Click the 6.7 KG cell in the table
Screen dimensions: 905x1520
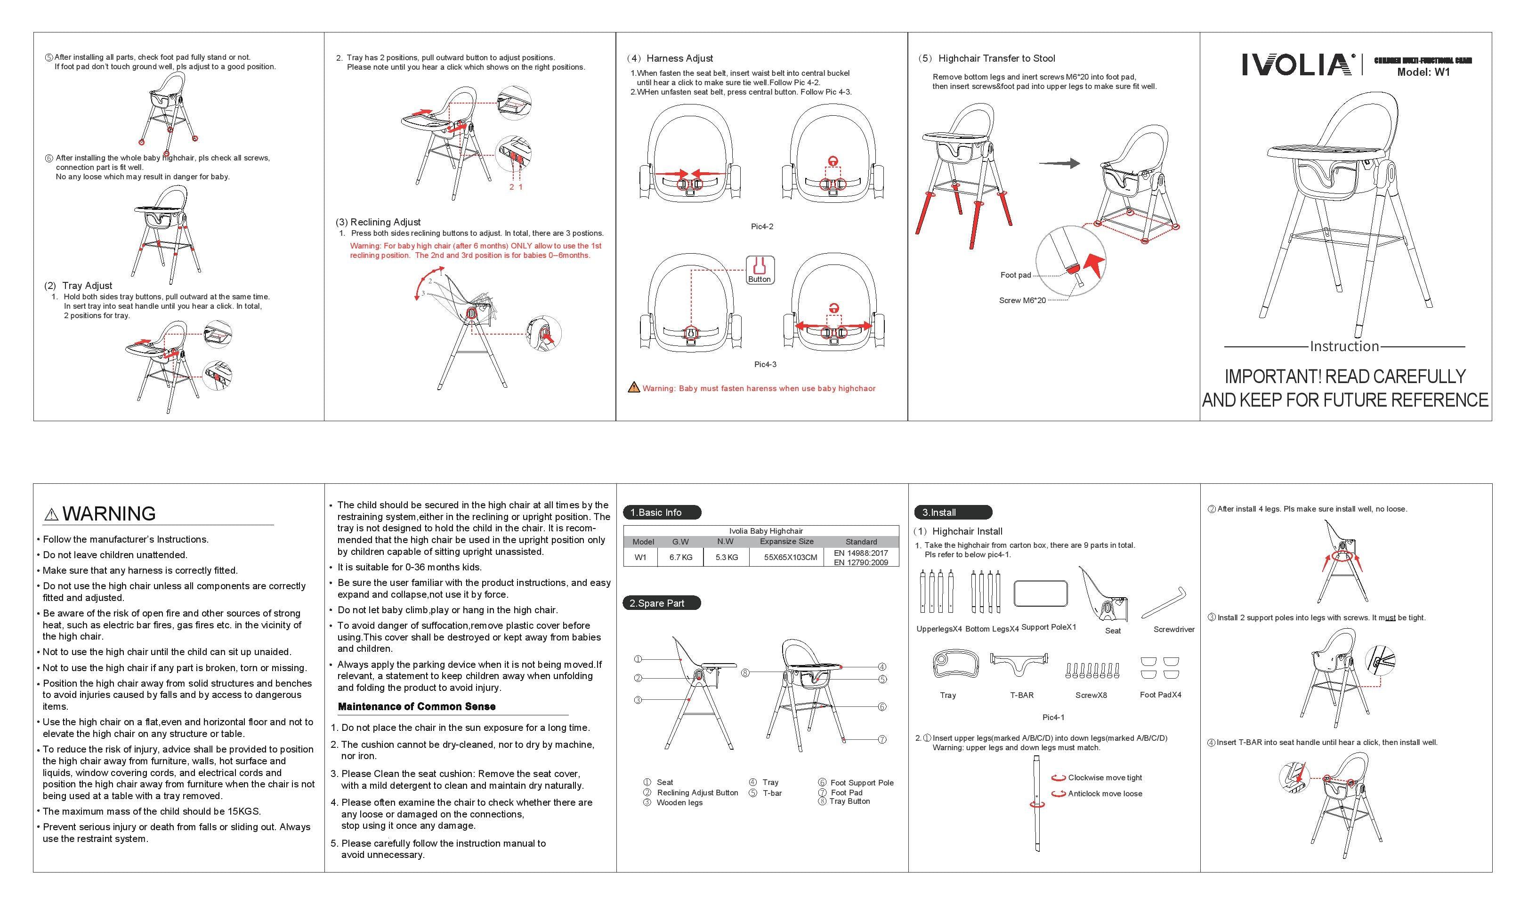click(x=680, y=557)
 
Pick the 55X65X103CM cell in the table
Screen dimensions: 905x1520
click(x=790, y=557)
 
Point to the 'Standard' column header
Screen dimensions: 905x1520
click(x=861, y=542)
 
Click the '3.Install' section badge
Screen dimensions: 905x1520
click(x=952, y=512)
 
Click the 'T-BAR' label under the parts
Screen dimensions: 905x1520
click(x=1021, y=695)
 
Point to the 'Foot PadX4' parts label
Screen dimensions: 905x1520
click(x=1160, y=695)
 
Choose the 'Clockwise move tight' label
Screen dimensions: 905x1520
click(x=1105, y=777)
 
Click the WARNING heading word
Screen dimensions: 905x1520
click(x=109, y=513)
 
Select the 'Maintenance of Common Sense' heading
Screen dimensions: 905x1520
click(x=416, y=707)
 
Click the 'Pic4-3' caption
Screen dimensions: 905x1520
click(x=765, y=365)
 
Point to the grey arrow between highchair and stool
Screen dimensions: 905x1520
click(x=1059, y=163)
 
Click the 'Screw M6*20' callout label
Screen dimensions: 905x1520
click(x=1022, y=301)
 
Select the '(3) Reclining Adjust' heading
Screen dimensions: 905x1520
click(x=378, y=222)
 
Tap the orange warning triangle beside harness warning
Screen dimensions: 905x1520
click(x=634, y=388)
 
